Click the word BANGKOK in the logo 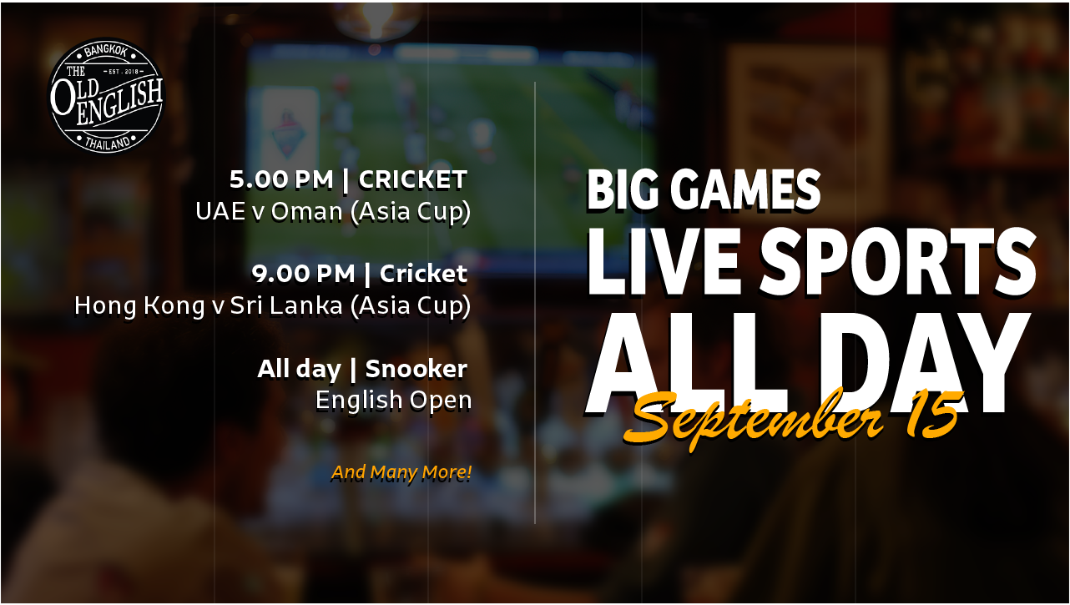(105, 50)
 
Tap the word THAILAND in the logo (108, 143)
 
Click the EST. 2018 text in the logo (124, 72)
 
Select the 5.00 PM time (281, 179)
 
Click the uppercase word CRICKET (412, 179)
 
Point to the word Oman (307, 211)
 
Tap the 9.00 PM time (304, 274)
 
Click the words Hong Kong (140, 306)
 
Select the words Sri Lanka (286, 305)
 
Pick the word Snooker (416, 369)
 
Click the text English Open (394, 401)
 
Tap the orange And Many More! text (401, 472)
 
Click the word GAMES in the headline (745, 189)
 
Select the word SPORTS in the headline (898, 261)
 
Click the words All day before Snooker (300, 369)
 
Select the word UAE (220, 211)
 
